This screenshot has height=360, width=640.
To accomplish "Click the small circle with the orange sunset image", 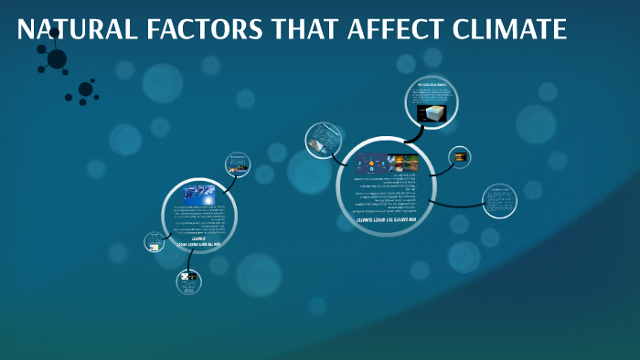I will (x=459, y=157).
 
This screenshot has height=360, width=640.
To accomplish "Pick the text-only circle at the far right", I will (x=499, y=201).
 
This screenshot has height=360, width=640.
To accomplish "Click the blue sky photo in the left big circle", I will (x=199, y=195).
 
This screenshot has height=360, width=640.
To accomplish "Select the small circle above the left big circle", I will (x=238, y=165).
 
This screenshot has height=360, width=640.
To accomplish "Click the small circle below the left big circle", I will (x=188, y=282).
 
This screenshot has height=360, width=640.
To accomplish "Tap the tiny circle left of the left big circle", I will (x=155, y=243).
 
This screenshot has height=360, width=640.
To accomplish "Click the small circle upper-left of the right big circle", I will (x=321, y=140).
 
